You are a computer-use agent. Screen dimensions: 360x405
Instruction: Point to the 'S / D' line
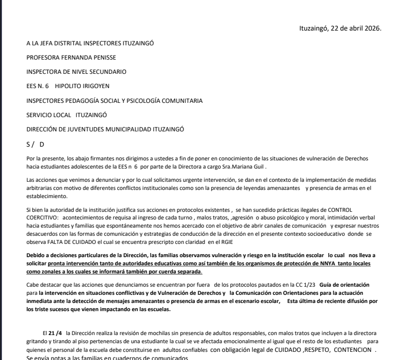tap(36, 145)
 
